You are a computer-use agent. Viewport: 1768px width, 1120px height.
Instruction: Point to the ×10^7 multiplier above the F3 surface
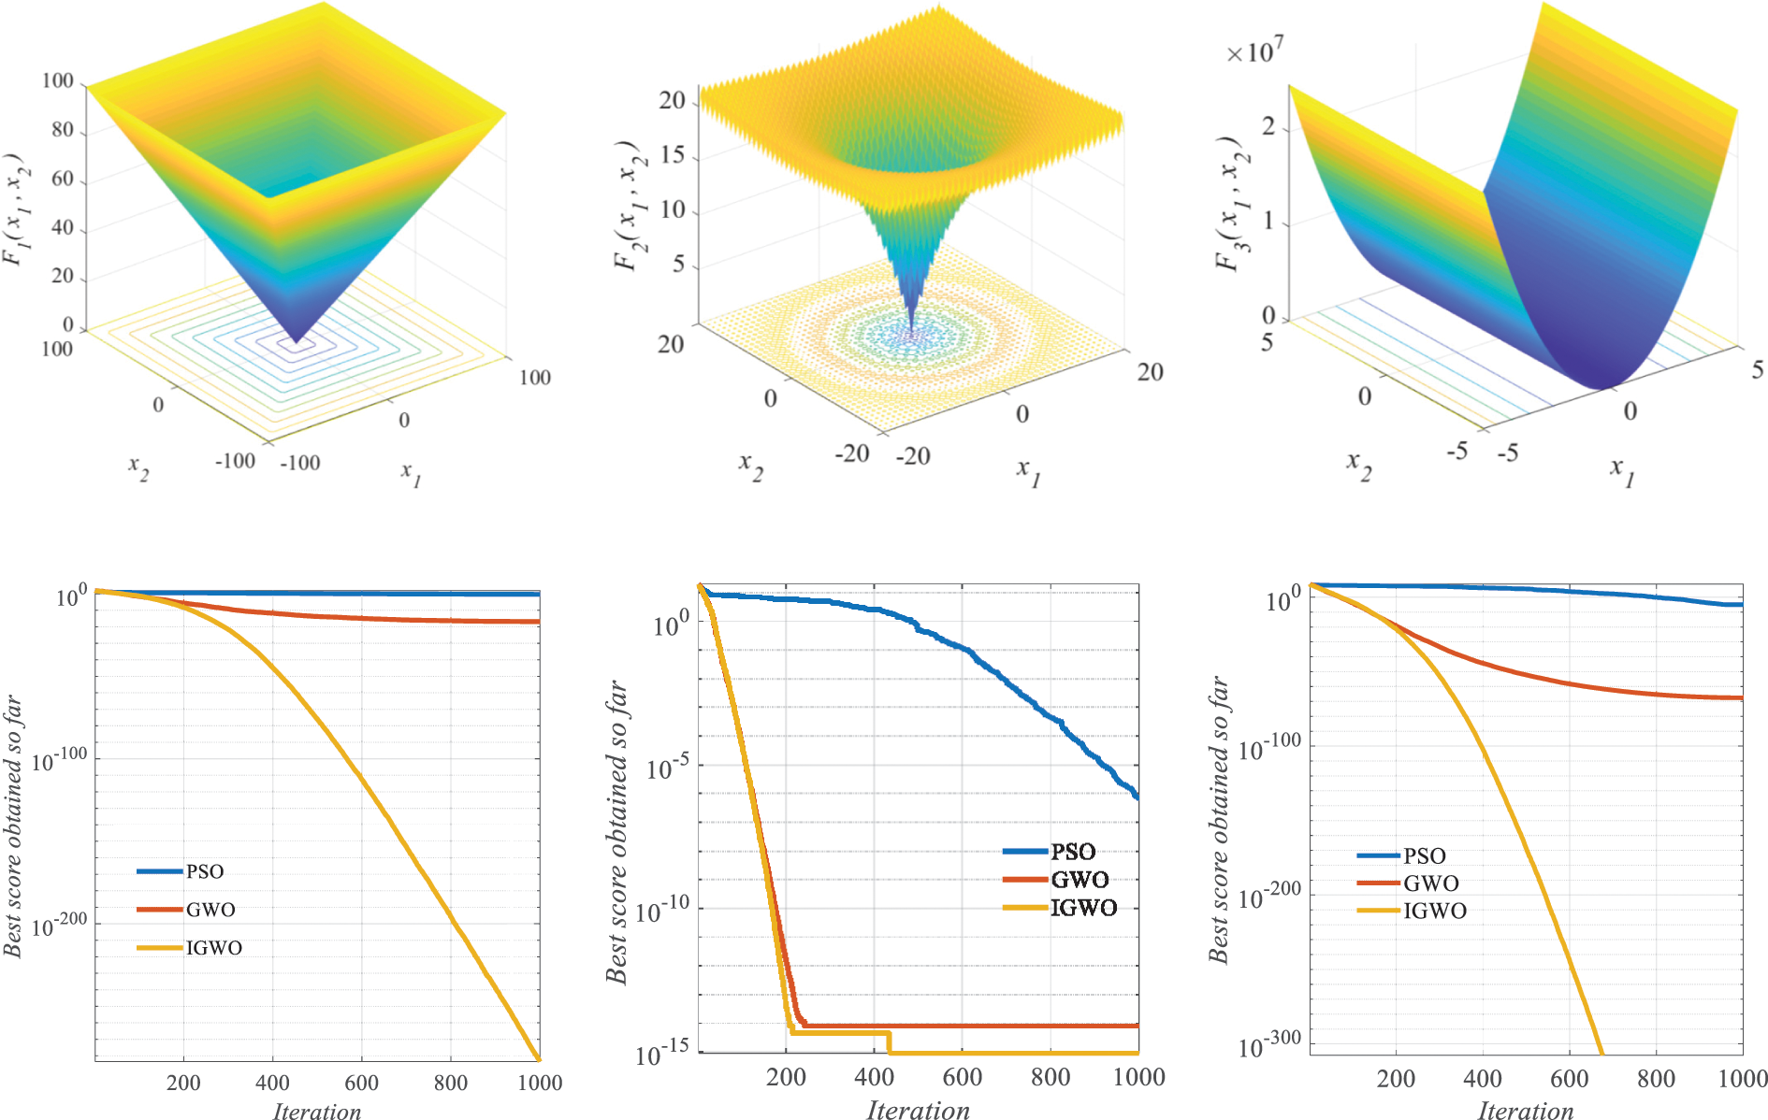(x=1254, y=51)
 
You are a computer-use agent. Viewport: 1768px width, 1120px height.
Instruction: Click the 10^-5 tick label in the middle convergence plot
(x=668, y=768)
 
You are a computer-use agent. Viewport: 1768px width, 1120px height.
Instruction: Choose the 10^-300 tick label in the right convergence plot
(x=1268, y=1044)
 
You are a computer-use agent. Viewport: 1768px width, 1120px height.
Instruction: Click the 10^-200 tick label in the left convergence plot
(x=59, y=926)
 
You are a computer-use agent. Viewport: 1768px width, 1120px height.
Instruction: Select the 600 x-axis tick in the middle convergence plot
(x=962, y=1078)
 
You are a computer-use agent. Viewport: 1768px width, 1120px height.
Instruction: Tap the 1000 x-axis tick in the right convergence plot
(x=1742, y=1079)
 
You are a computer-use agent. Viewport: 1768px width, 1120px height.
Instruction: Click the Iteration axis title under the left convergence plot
(x=316, y=1111)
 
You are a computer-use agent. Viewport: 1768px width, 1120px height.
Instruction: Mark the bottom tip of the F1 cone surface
(x=296, y=343)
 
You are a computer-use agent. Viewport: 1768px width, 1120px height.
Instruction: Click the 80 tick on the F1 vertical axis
(x=63, y=130)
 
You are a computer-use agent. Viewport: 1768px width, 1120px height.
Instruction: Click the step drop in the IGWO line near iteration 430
(x=889, y=1042)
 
